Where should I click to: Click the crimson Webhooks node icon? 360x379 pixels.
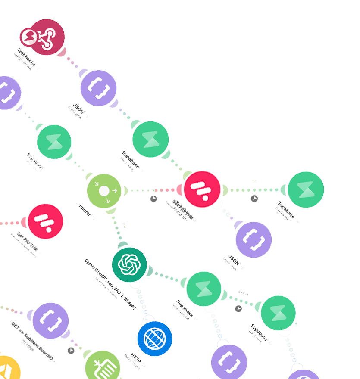42,37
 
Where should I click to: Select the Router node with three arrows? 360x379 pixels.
104,191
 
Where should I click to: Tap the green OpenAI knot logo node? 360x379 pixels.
129,264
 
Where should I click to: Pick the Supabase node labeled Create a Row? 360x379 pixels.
306,189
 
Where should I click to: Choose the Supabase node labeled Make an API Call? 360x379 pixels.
203,289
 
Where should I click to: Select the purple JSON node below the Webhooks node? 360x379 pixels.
98,88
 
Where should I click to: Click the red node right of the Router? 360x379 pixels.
202,189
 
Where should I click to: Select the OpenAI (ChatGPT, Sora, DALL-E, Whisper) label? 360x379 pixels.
110,284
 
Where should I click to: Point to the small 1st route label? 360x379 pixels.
254,181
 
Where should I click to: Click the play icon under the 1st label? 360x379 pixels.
254,199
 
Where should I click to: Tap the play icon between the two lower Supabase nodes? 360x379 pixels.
239,308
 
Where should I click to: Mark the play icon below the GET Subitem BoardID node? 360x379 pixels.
71,351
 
